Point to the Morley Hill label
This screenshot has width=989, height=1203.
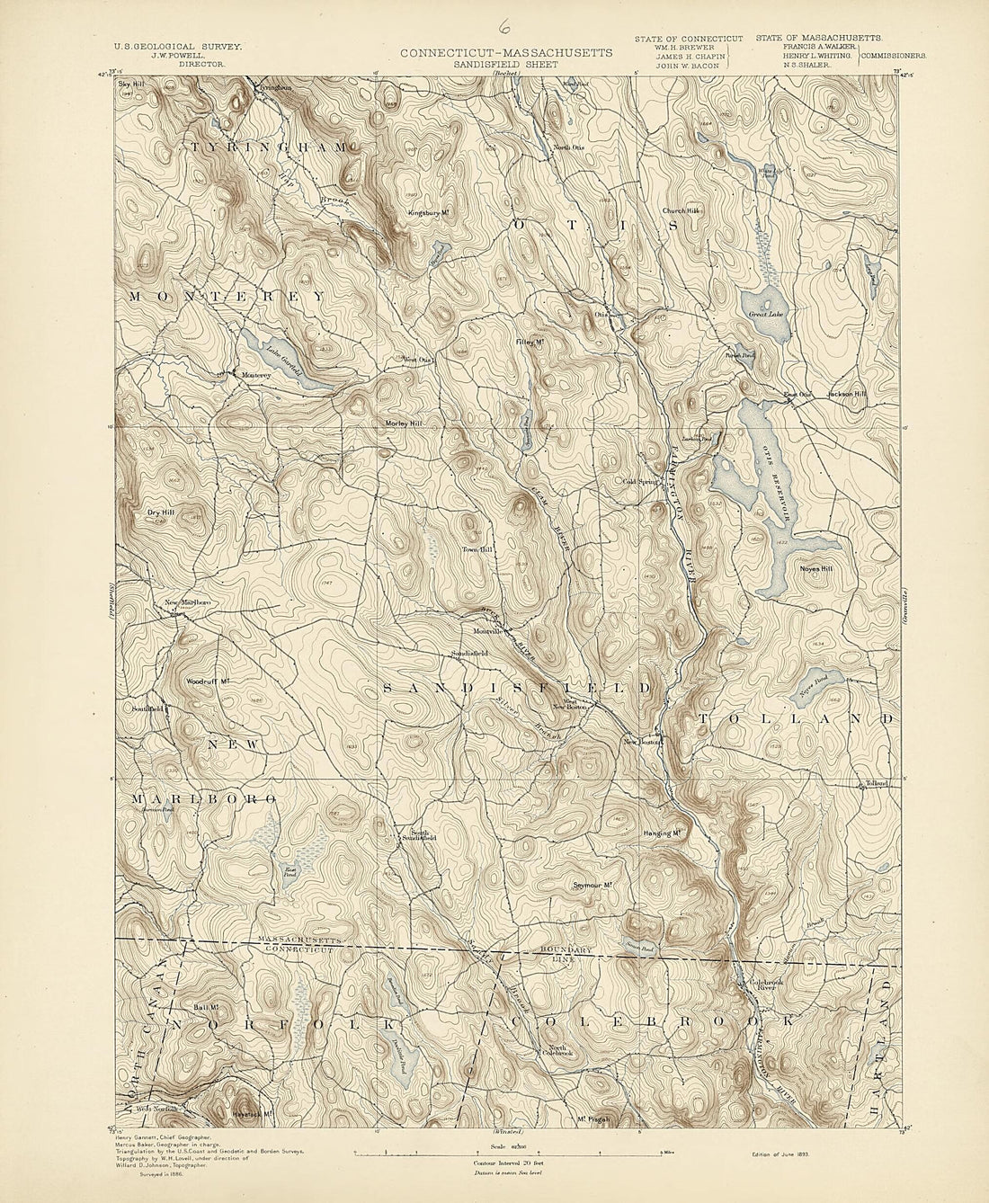pyautogui.click(x=404, y=423)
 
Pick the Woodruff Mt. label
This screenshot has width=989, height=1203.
pyautogui.click(x=205, y=682)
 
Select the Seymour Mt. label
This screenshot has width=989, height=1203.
pyautogui.click(x=593, y=885)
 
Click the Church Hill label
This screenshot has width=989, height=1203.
pyautogui.click(x=681, y=210)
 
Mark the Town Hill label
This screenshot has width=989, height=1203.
pyautogui.click(x=477, y=549)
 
